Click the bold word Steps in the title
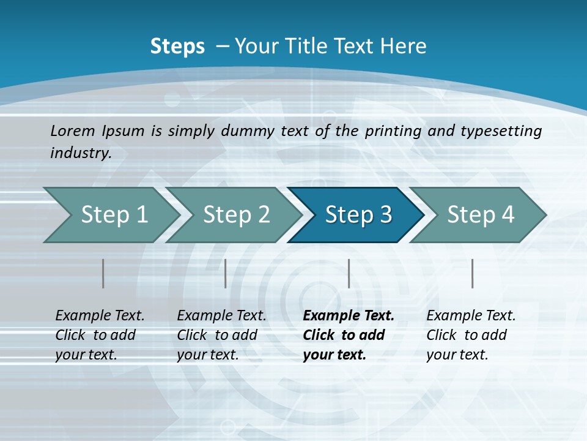[177, 47]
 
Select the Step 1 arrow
[114, 215]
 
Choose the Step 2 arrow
[237, 215]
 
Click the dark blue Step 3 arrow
[358, 215]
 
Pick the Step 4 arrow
[481, 215]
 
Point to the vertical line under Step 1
[103, 273]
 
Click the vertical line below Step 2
[226, 273]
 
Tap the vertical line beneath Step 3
[349, 273]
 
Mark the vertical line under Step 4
[473, 273]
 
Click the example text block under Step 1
[100, 335]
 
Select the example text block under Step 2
[221, 335]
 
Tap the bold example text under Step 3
[349, 335]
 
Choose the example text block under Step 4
[471, 335]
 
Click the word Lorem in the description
[73, 130]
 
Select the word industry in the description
[81, 153]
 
